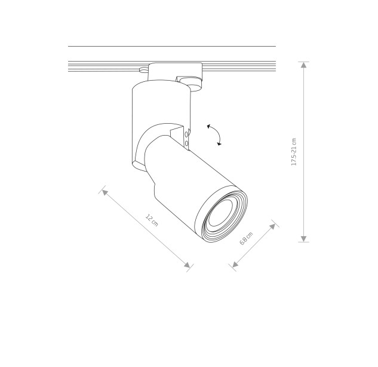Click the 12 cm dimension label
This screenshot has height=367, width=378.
click(152, 220)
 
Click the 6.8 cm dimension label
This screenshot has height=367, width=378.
click(246, 238)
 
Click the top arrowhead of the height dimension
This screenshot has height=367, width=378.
click(303, 65)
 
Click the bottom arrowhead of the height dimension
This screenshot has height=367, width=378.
click(303, 238)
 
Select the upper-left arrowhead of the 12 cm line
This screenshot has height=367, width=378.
click(105, 192)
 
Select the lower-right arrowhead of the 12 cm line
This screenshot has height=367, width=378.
click(187, 265)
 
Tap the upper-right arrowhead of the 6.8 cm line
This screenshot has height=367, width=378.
click(272, 227)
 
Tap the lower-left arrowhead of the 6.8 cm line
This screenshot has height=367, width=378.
click(235, 264)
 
